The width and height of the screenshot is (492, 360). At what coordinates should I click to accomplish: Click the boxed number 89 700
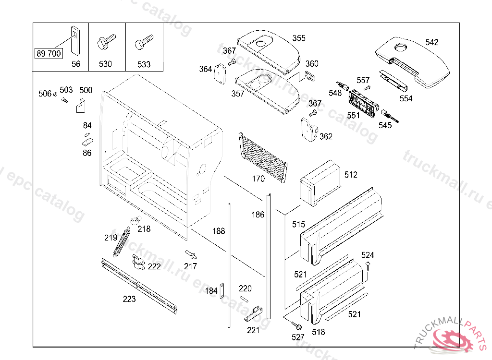[49, 53]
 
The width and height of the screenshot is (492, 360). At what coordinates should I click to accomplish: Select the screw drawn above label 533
[143, 42]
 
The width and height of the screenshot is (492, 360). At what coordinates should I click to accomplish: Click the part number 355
[299, 38]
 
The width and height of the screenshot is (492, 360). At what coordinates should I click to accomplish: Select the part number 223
[129, 299]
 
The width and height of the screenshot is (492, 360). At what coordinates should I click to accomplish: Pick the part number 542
[432, 42]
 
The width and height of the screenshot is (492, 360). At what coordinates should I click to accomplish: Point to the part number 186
[258, 215]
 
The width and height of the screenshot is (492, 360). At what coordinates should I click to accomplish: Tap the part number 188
[219, 231]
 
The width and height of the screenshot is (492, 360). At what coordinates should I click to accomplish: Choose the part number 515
[298, 224]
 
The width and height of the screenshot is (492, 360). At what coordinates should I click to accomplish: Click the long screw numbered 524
[368, 269]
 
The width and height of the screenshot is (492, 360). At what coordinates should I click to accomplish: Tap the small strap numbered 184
[222, 290]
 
